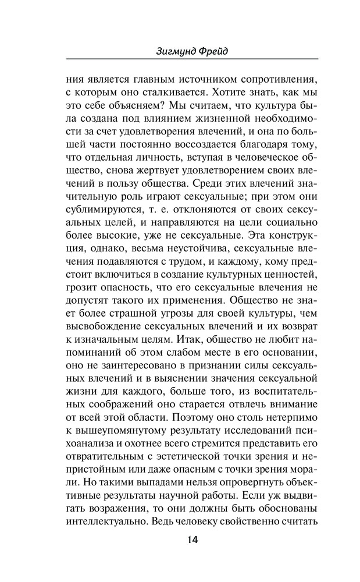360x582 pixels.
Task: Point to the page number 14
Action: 193,540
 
